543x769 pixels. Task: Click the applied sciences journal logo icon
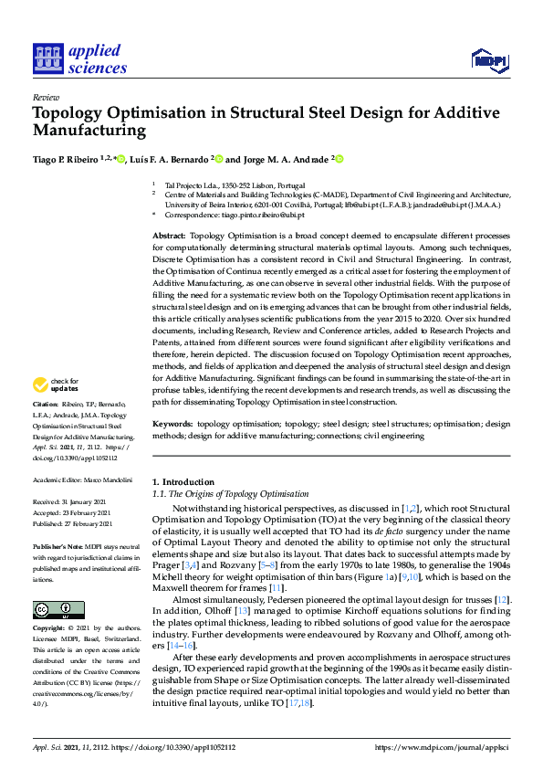(46, 57)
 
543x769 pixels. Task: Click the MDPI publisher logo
(489, 60)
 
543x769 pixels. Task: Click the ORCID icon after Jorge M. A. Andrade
(339, 159)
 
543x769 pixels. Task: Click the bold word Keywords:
(172, 425)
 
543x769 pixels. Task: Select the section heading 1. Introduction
(183, 481)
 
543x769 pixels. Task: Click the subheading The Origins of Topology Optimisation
(235, 493)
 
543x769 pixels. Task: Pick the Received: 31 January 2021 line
(71, 502)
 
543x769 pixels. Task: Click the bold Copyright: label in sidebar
(48, 628)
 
